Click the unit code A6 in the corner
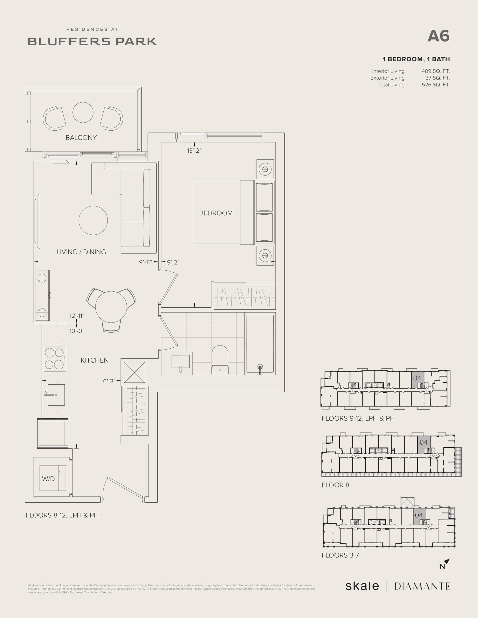point(438,36)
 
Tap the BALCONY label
point(81,138)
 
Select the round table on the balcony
point(83,112)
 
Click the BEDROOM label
point(216,213)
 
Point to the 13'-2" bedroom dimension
point(194,151)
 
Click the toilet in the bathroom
point(220,359)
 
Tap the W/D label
point(48,479)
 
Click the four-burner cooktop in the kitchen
point(55,358)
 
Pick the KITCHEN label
point(95,360)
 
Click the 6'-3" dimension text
point(109,381)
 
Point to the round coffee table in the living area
point(93,220)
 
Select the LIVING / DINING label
point(81,252)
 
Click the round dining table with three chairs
point(111,307)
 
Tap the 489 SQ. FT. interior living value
point(435,71)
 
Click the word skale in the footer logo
point(362,586)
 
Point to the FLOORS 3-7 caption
point(340,555)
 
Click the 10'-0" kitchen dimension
point(77,331)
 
